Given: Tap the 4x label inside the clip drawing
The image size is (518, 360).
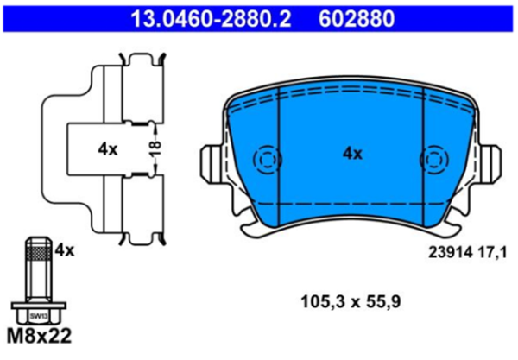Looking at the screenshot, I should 107,148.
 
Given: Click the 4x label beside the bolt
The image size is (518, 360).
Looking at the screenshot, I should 65,250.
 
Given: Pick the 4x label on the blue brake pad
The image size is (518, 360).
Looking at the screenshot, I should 352,154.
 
